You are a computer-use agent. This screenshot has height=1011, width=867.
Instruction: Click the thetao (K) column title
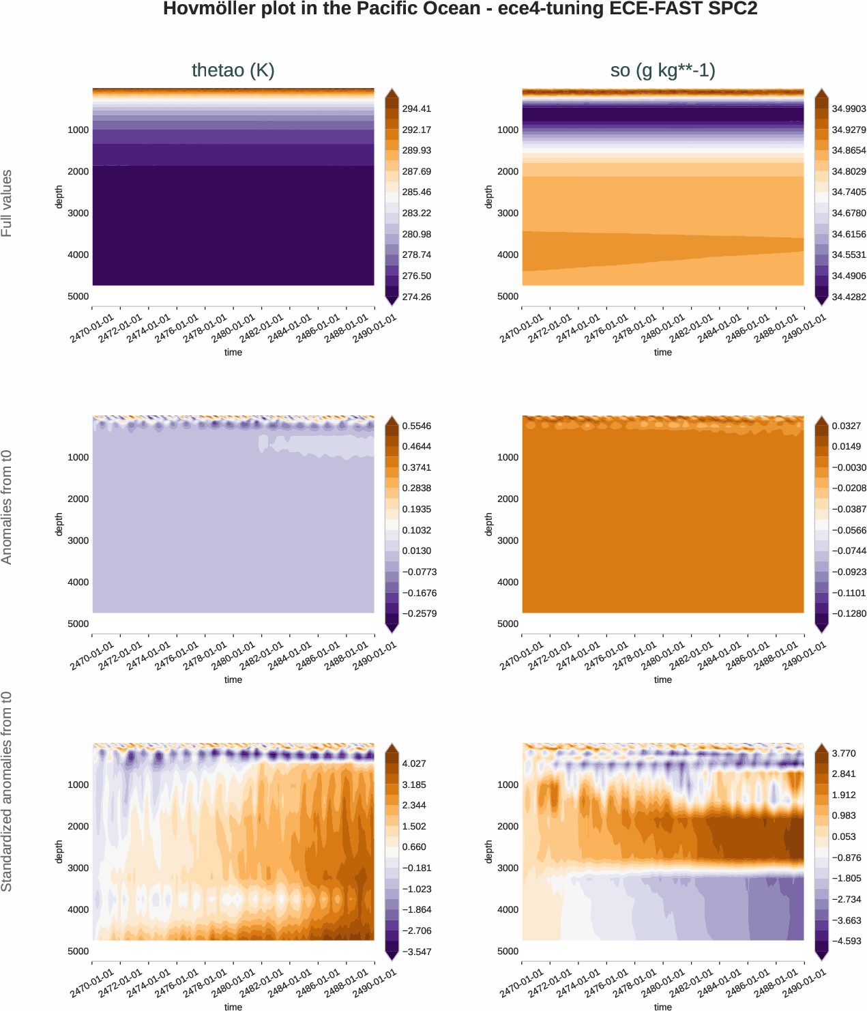[x=233, y=70]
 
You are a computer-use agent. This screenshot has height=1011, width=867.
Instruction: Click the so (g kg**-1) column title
[x=662, y=70]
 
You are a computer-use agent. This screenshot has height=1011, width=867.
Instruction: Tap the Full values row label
[x=7, y=203]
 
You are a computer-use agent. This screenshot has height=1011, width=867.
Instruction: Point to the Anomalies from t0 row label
[x=7, y=507]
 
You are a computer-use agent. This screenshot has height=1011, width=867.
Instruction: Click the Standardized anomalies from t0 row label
[x=7, y=791]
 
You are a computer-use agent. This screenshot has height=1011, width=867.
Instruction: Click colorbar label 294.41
[x=416, y=108]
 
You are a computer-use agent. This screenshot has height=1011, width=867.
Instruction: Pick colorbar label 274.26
[x=416, y=297]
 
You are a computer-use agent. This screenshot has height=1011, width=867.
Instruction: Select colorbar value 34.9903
[x=849, y=108]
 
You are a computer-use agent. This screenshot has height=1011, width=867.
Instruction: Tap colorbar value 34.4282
[x=849, y=297]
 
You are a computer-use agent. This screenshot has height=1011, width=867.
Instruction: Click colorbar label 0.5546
[x=416, y=426]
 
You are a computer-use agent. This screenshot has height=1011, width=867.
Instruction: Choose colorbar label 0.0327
[x=846, y=426]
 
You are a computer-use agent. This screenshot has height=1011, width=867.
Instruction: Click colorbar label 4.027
[x=414, y=763]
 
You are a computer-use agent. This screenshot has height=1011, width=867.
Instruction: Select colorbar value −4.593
[x=846, y=941]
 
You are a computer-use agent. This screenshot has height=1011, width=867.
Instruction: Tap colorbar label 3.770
[x=844, y=753]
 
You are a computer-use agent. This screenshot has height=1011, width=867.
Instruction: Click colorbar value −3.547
[x=416, y=952]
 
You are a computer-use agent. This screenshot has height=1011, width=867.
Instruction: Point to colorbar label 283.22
[x=416, y=213]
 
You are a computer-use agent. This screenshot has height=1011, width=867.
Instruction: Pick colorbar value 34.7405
[x=849, y=192]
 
